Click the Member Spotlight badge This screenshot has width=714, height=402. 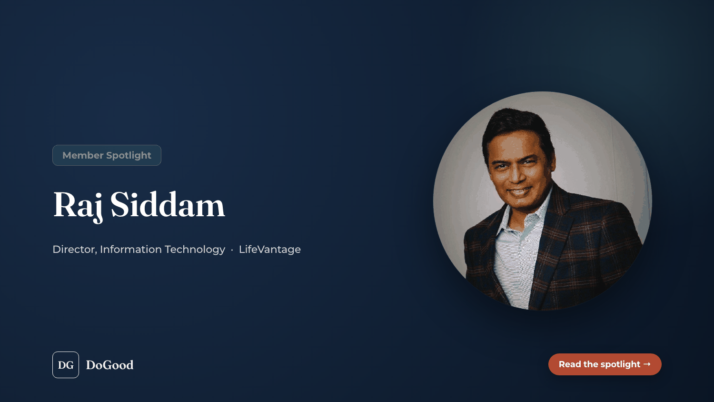tap(107, 155)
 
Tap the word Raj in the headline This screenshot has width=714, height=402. tap(78, 206)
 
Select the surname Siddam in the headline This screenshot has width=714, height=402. tap(168, 204)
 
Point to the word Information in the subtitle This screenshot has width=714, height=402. tap(131, 249)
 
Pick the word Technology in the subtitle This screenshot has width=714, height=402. tap(195, 250)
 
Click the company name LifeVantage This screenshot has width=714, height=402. tap(270, 250)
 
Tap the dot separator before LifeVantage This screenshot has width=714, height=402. tap(232, 250)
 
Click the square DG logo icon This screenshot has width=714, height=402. tap(66, 365)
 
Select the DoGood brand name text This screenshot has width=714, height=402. tap(109, 365)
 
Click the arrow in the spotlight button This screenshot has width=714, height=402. tap(647, 364)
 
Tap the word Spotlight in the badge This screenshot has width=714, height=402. tap(129, 156)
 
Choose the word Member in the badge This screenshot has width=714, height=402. tap(83, 155)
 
